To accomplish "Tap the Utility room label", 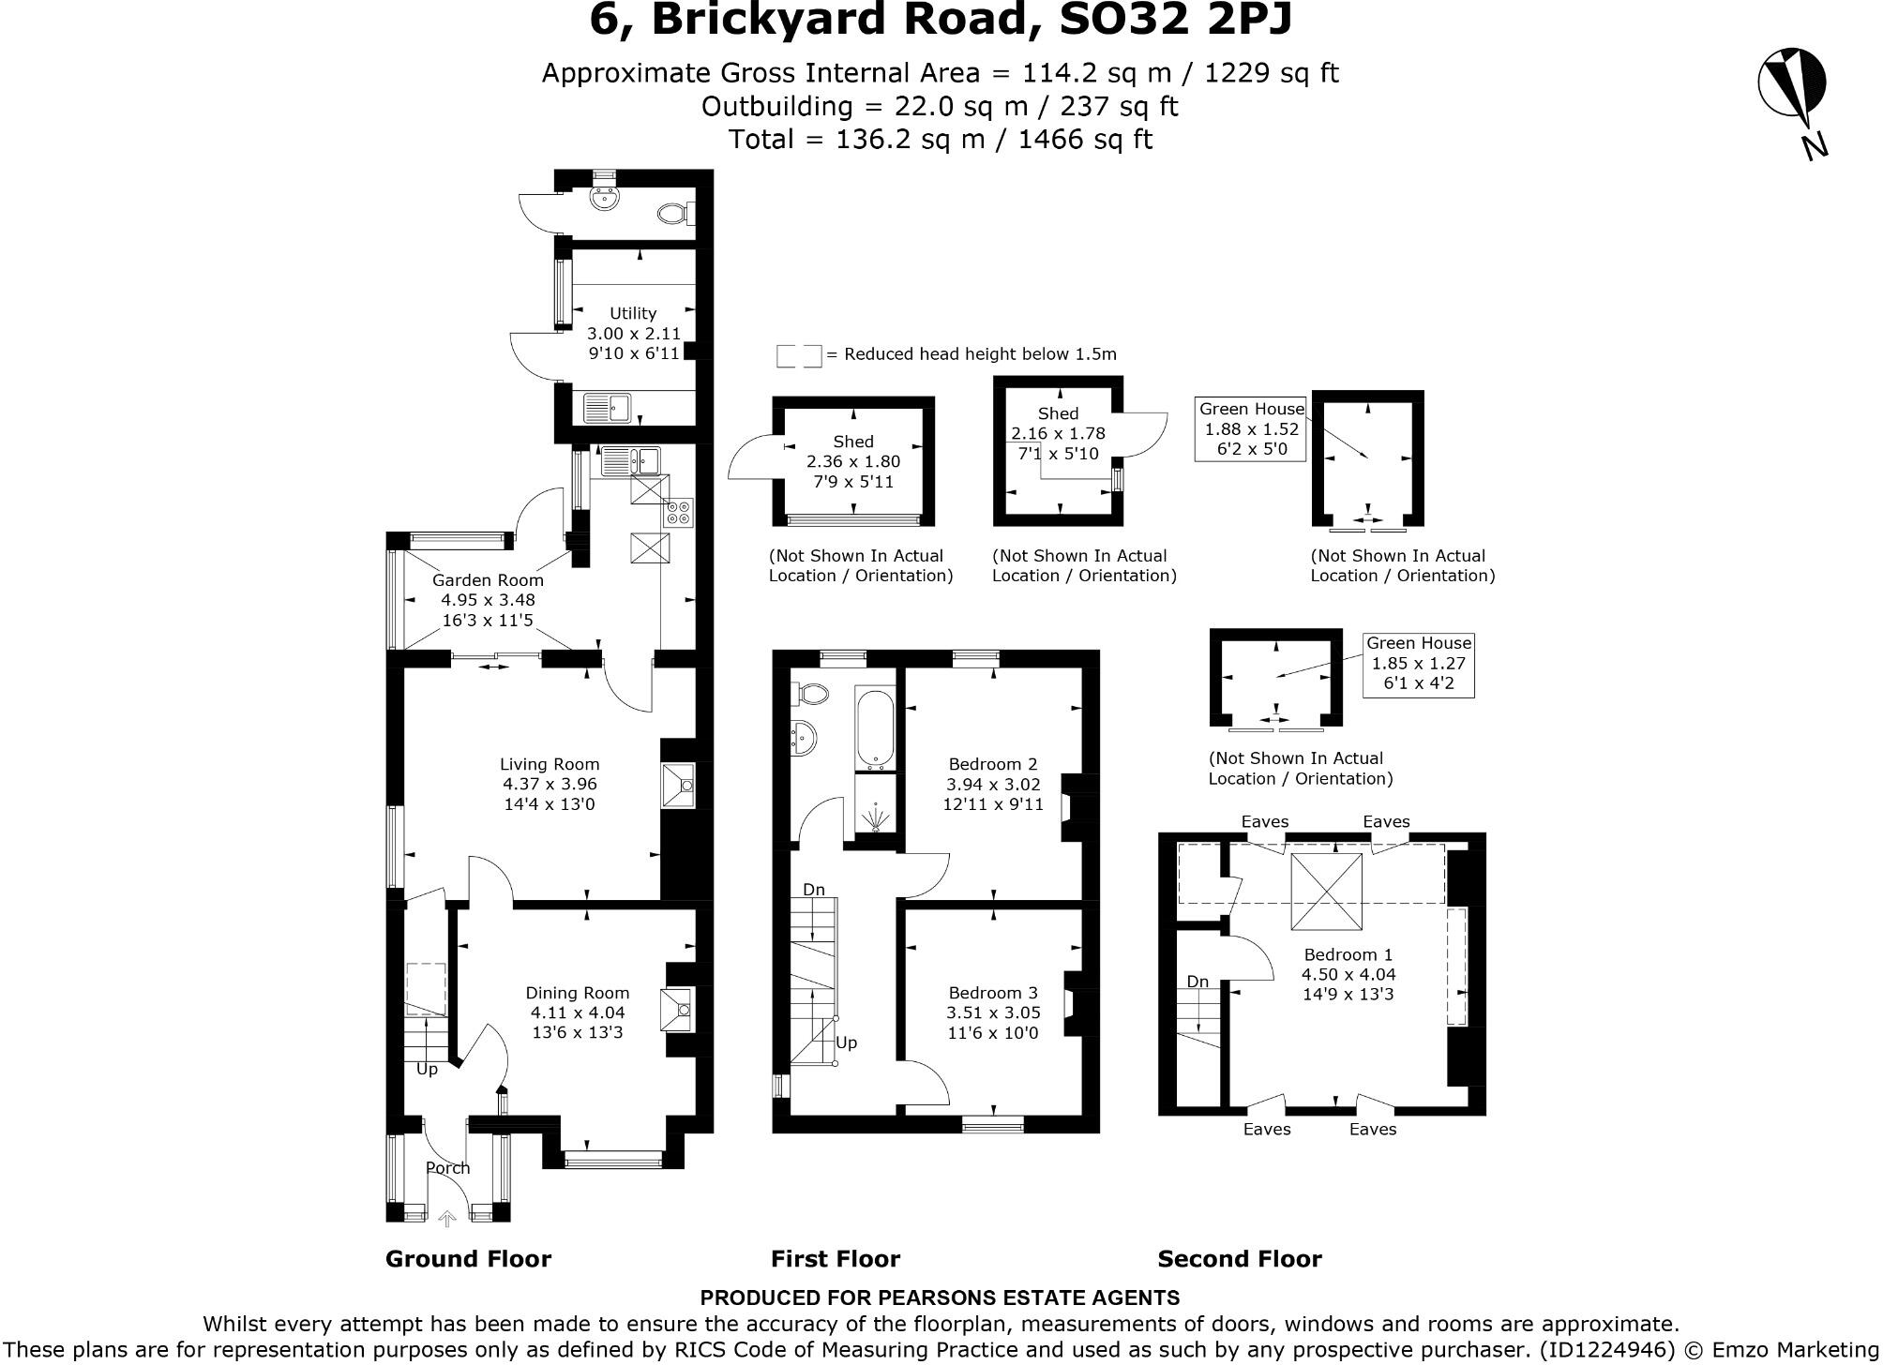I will [x=633, y=313].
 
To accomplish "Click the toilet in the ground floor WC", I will [x=673, y=214].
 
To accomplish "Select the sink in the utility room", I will [x=609, y=409].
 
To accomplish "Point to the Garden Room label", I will [x=488, y=580].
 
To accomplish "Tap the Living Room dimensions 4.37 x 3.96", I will [x=550, y=784].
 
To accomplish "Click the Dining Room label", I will [x=577, y=993].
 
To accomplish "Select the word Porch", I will [x=447, y=1168].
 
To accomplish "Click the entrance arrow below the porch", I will [x=447, y=1218].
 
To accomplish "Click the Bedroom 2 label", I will [x=992, y=764].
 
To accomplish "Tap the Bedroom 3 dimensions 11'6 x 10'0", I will [x=992, y=1033].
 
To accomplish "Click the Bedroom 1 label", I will [x=1348, y=954].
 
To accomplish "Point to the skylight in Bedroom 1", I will [x=1327, y=891].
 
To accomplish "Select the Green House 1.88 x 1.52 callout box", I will [x=1251, y=428].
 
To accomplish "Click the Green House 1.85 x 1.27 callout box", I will [x=1418, y=664].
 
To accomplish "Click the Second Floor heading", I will [x=1239, y=1259].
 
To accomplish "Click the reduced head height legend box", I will [x=798, y=355].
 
